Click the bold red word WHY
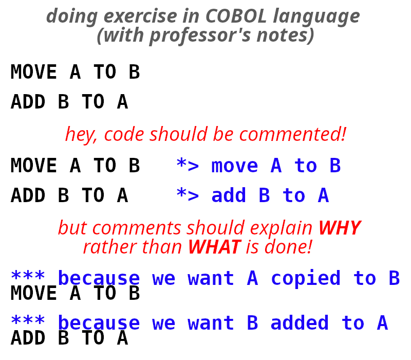click(339, 228)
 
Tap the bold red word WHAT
click(214, 247)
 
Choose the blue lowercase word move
click(235, 166)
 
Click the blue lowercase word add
click(229, 196)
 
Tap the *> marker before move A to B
click(187, 166)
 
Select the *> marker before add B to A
click(187, 196)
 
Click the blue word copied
click(306, 279)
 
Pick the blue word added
click(300, 323)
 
